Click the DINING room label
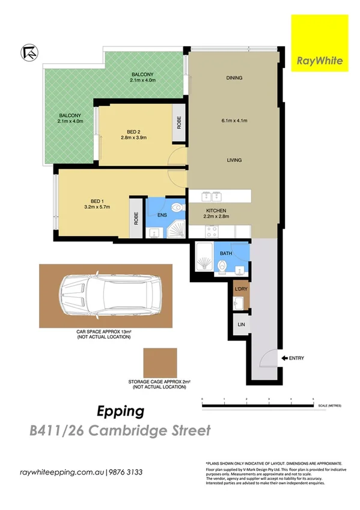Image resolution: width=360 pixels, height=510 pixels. click(234, 78)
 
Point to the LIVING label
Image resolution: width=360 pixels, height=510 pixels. click(234, 160)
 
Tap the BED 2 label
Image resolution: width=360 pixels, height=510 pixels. click(133, 132)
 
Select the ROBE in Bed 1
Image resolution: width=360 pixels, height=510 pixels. click(136, 218)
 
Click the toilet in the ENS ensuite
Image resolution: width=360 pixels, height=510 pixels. click(176, 208)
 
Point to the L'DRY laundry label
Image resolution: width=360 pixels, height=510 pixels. click(240, 290)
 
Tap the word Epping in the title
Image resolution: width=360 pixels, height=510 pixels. click(121, 412)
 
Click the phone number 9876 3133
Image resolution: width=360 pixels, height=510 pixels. click(126, 472)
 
